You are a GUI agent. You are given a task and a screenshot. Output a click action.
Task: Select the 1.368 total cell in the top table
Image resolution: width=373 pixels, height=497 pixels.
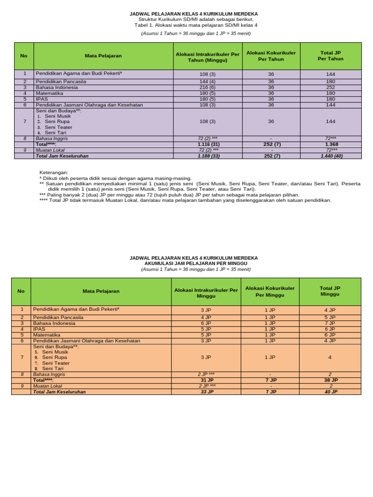(x=331, y=144)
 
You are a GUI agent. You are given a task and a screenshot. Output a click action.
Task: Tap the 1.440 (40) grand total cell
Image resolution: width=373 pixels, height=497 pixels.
(x=331, y=156)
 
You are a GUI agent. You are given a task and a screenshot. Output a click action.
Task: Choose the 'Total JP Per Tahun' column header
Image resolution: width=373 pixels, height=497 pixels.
(x=331, y=56)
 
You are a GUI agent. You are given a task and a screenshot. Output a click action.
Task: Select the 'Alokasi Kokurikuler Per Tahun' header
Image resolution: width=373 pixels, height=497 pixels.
(x=271, y=56)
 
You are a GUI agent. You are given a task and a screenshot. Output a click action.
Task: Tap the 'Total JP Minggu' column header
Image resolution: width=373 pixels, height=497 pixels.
(x=330, y=291)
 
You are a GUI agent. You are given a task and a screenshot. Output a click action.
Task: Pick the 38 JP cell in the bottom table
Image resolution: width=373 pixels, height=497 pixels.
(x=330, y=380)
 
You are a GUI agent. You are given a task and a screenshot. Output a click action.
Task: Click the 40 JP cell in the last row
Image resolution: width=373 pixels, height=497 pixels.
(x=330, y=392)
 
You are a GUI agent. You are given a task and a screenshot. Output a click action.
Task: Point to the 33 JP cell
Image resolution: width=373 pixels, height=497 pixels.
(x=206, y=392)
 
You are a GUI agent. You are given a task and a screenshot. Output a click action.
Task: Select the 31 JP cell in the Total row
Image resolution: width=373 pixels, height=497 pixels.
(x=206, y=380)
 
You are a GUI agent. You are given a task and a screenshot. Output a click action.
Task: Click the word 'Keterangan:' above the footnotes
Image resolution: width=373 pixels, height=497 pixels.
(x=53, y=172)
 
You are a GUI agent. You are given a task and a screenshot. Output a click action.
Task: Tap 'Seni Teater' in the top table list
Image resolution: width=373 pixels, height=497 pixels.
(x=58, y=127)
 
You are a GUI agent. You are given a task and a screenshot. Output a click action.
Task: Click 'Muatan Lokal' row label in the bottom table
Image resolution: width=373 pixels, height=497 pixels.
(x=47, y=386)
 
